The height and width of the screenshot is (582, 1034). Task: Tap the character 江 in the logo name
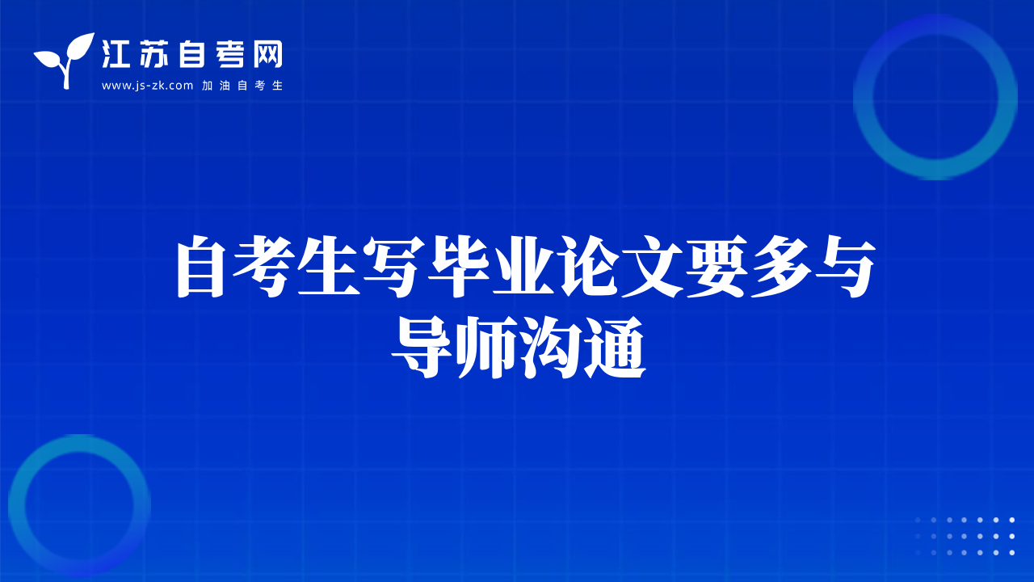(116, 54)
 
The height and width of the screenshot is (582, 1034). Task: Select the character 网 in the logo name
(267, 54)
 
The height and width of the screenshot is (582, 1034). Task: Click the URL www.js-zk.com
(147, 86)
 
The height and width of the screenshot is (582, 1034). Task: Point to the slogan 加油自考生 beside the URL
(242, 86)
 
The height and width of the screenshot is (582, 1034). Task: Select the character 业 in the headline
(523, 266)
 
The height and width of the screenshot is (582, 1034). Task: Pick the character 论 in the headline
(587, 266)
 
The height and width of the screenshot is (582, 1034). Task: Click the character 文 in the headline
(652, 266)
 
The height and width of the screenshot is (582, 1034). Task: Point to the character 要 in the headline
(717, 266)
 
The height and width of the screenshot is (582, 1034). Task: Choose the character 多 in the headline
(781, 266)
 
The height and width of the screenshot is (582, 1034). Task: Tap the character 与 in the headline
(845, 266)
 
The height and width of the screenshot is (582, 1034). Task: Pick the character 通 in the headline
(615, 348)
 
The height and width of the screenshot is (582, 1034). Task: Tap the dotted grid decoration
(965, 536)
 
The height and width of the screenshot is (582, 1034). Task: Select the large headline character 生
(329, 266)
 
